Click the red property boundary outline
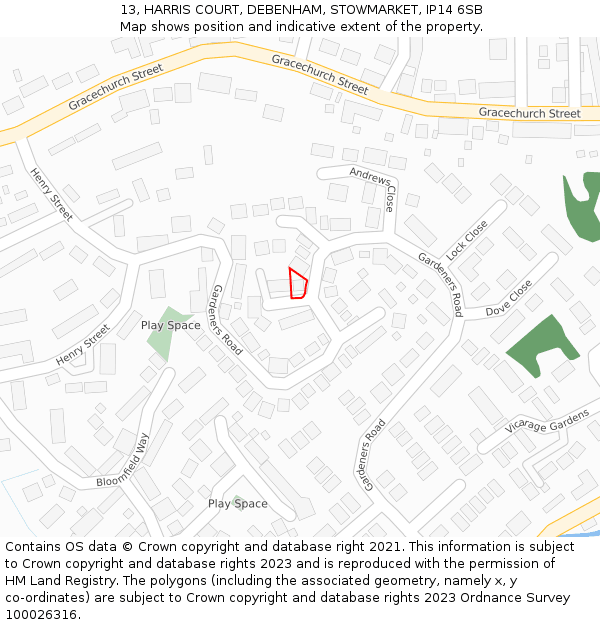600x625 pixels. pos(297,284)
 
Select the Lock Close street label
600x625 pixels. pos(468,240)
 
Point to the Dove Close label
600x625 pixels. pos(509,299)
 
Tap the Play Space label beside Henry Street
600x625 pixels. pos(170,325)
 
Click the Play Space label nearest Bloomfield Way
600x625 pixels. pos(237,503)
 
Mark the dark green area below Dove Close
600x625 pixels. pos(540,346)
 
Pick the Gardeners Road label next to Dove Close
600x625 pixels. pos(440,284)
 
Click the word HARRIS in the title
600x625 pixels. pos(178,9)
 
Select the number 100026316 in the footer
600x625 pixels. pos(41,615)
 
